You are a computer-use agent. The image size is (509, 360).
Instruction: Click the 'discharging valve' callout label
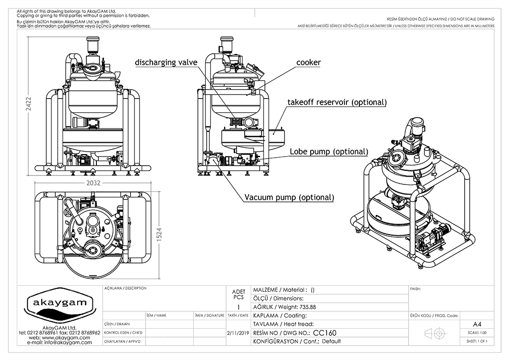[x=166, y=63]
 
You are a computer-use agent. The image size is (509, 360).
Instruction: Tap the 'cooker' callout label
[x=309, y=63]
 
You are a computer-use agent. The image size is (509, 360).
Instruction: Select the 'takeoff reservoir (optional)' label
[x=337, y=102]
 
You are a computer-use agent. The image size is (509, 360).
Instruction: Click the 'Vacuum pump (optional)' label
[x=289, y=197]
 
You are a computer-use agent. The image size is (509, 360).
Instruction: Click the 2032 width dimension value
[x=94, y=183]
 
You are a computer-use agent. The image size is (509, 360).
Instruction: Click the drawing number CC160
[x=325, y=333]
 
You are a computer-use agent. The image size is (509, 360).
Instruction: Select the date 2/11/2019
[x=237, y=333]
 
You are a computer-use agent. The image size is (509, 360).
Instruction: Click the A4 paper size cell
[x=478, y=323]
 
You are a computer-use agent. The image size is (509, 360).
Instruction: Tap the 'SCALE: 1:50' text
[x=477, y=332]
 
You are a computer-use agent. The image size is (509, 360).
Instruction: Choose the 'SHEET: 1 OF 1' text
[x=477, y=341]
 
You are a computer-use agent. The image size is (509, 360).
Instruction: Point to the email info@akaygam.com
[x=59, y=343]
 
